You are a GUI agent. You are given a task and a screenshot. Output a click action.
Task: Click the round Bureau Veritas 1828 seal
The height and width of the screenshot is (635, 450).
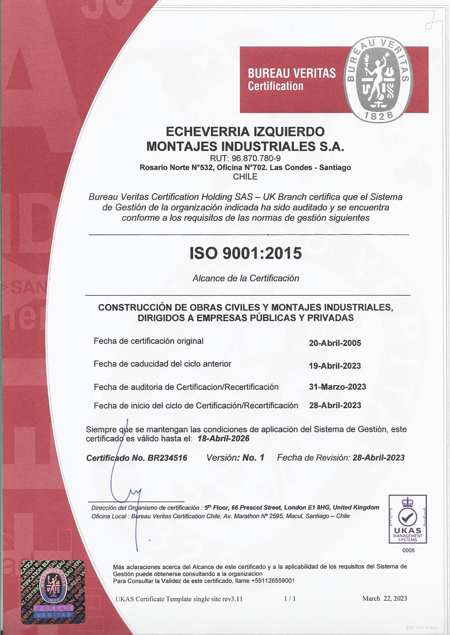378,80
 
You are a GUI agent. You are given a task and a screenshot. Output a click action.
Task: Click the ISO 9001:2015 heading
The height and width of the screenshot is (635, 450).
245,253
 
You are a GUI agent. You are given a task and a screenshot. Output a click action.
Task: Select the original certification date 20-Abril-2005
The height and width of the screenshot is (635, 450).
335,343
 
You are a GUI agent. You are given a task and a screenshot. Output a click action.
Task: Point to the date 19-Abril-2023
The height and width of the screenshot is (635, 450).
335,366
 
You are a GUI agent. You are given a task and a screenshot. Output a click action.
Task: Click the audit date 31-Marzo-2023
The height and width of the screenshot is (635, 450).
337,387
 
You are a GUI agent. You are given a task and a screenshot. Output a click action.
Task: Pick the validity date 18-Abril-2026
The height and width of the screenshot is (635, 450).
223,438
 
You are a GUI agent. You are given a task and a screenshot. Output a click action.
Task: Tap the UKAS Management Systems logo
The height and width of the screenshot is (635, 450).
408,519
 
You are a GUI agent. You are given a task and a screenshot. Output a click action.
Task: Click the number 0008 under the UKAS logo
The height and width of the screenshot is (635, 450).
409,550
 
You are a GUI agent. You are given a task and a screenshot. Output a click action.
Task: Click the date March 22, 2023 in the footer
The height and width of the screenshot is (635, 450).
384,598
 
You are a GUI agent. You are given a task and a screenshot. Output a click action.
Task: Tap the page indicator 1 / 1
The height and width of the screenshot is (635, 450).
290,599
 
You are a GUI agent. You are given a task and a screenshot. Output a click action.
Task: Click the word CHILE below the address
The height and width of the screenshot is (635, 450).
245,177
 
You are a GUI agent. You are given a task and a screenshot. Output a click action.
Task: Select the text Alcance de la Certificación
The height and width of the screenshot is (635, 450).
246,278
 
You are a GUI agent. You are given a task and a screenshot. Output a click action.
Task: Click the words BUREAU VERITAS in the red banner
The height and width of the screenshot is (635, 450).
292,73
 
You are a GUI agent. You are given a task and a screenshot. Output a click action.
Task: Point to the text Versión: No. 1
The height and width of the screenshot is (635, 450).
235,458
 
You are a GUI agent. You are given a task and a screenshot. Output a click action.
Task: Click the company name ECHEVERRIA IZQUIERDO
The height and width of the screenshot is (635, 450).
245,131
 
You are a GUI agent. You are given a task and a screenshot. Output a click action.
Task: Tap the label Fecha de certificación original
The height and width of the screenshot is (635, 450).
148,341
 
